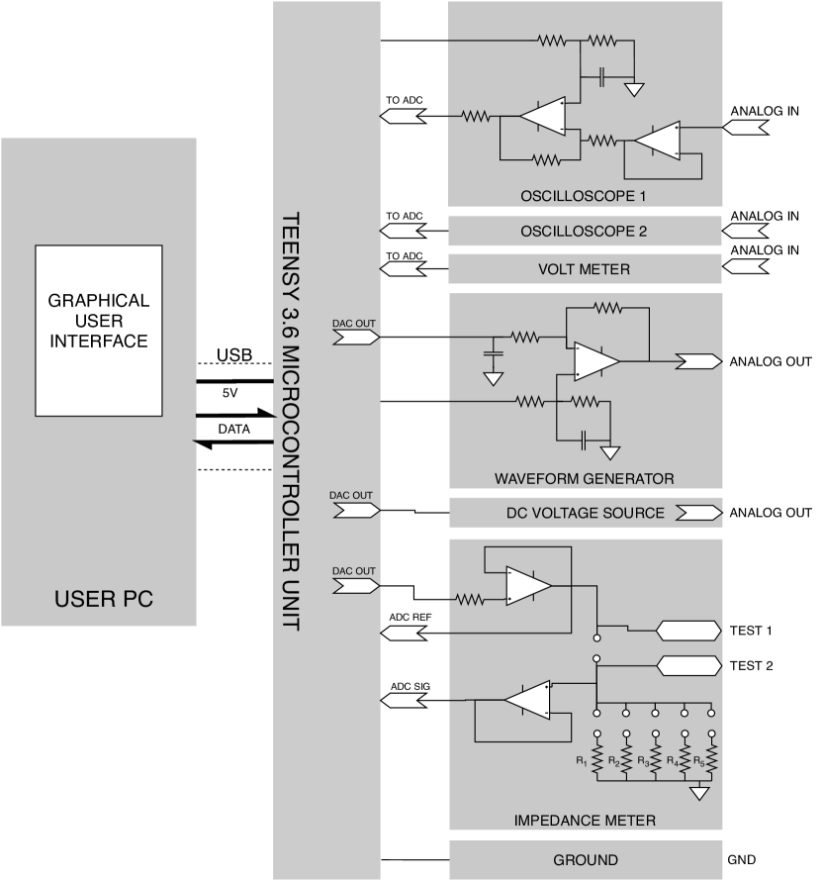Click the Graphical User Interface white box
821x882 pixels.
pyautogui.click(x=99, y=330)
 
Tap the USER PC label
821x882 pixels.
pyautogui.click(x=104, y=600)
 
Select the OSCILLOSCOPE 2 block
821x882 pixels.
pyautogui.click(x=584, y=232)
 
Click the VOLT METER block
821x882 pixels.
pyautogui.click(x=584, y=269)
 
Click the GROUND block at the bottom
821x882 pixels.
pyautogui.click(x=585, y=859)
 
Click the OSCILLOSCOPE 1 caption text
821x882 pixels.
pyautogui.click(x=584, y=196)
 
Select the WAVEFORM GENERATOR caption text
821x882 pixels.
pyautogui.click(x=584, y=479)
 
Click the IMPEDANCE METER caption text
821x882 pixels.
pyautogui.click(x=584, y=821)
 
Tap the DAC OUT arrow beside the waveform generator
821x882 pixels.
pyautogui.click(x=356, y=338)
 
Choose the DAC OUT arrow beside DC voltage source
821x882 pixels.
pyautogui.click(x=356, y=511)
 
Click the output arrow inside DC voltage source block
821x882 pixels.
pyautogui.click(x=698, y=513)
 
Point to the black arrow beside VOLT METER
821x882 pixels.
pyautogui.click(x=404, y=269)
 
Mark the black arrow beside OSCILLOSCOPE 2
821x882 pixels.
pyautogui.click(x=404, y=232)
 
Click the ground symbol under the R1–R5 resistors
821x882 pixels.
pyautogui.click(x=699, y=793)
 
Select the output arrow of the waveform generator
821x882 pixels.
pyautogui.click(x=698, y=362)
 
